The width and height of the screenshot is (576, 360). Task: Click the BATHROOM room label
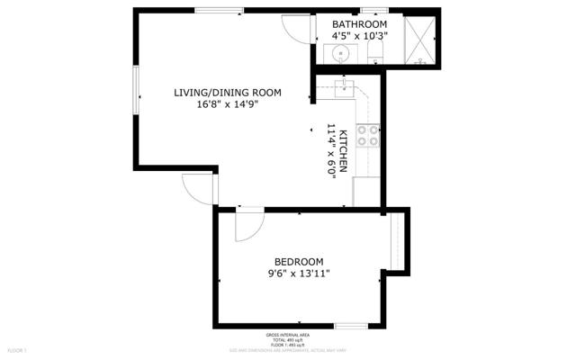[359, 24]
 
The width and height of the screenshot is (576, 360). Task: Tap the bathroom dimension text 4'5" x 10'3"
[359, 36]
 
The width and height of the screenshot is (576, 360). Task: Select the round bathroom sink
[341, 54]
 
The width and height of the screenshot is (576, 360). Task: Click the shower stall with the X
[418, 40]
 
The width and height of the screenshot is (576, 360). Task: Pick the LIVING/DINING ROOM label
[228, 93]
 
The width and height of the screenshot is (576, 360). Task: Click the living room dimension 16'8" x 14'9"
[228, 104]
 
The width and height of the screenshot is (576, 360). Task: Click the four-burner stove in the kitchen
[367, 136]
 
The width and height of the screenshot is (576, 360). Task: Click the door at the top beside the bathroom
[294, 27]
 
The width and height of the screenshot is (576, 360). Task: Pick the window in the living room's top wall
[218, 11]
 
